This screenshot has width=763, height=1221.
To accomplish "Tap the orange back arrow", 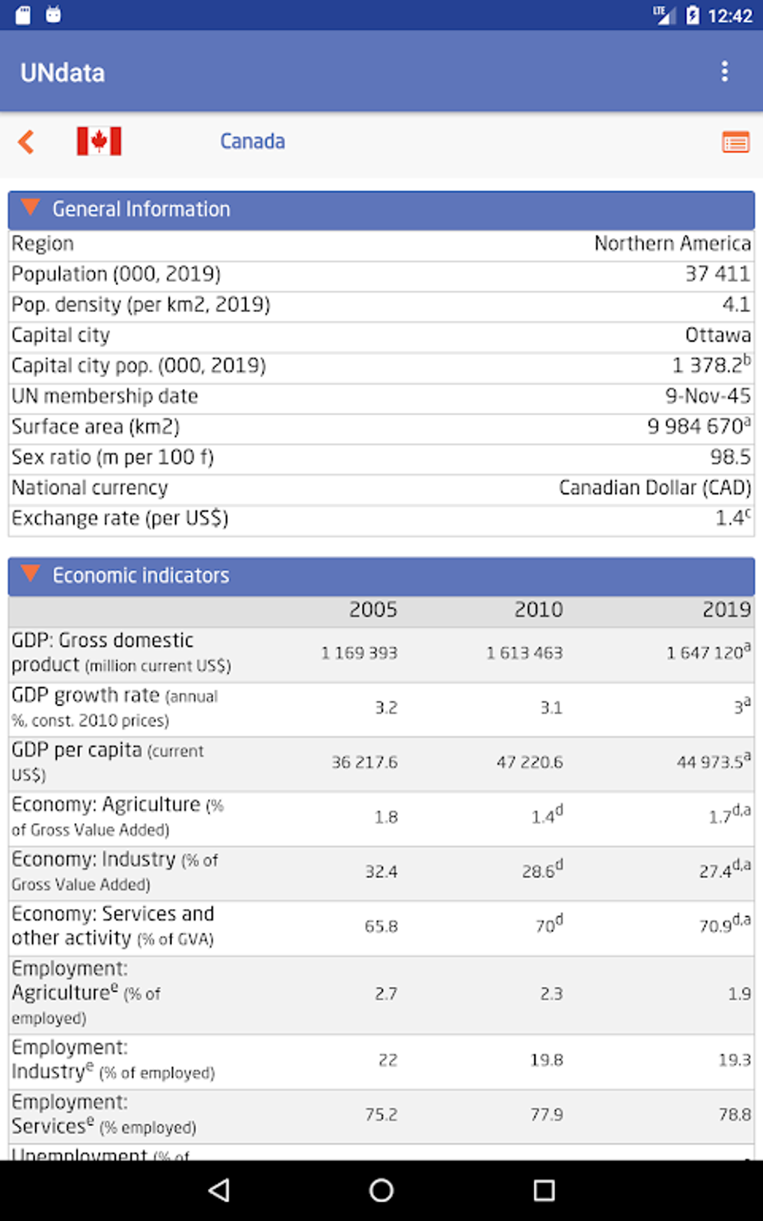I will tap(27, 141).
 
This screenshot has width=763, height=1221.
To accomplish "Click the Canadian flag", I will tap(99, 141).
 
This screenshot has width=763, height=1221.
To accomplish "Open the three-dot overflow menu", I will tap(724, 72).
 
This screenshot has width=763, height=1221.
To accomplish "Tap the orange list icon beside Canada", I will tap(735, 141).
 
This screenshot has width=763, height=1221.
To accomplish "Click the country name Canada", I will tap(252, 141).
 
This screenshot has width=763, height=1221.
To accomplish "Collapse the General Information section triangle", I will tap(31, 208).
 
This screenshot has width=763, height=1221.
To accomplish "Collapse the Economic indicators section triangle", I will tap(31, 575).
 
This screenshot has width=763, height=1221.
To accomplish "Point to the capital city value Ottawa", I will tap(717, 335).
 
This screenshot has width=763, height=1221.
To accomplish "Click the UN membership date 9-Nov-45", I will tap(708, 396).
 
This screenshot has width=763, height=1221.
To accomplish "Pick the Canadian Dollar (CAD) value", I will tap(655, 488).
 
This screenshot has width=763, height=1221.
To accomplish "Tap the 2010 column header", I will tap(538, 610).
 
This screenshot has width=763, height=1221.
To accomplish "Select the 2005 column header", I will tap(373, 610).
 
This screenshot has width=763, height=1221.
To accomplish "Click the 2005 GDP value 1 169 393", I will tap(359, 653).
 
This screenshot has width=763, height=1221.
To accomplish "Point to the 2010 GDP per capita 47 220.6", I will tap(530, 762).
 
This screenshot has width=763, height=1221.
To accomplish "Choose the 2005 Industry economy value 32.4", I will tap(381, 872).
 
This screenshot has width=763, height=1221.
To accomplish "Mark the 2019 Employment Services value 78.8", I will tap(735, 1115).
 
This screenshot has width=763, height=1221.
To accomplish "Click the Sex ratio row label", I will tap(113, 457).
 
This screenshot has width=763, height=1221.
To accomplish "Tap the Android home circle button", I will tap(381, 1190).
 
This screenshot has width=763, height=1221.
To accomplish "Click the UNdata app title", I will tap(63, 73).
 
